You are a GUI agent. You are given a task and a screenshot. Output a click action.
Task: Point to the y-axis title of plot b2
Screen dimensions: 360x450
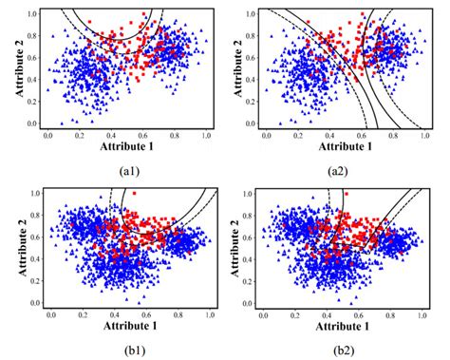(x=226, y=249)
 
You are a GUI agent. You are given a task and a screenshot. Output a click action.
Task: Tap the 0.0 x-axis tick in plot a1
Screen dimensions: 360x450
(x=48, y=135)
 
